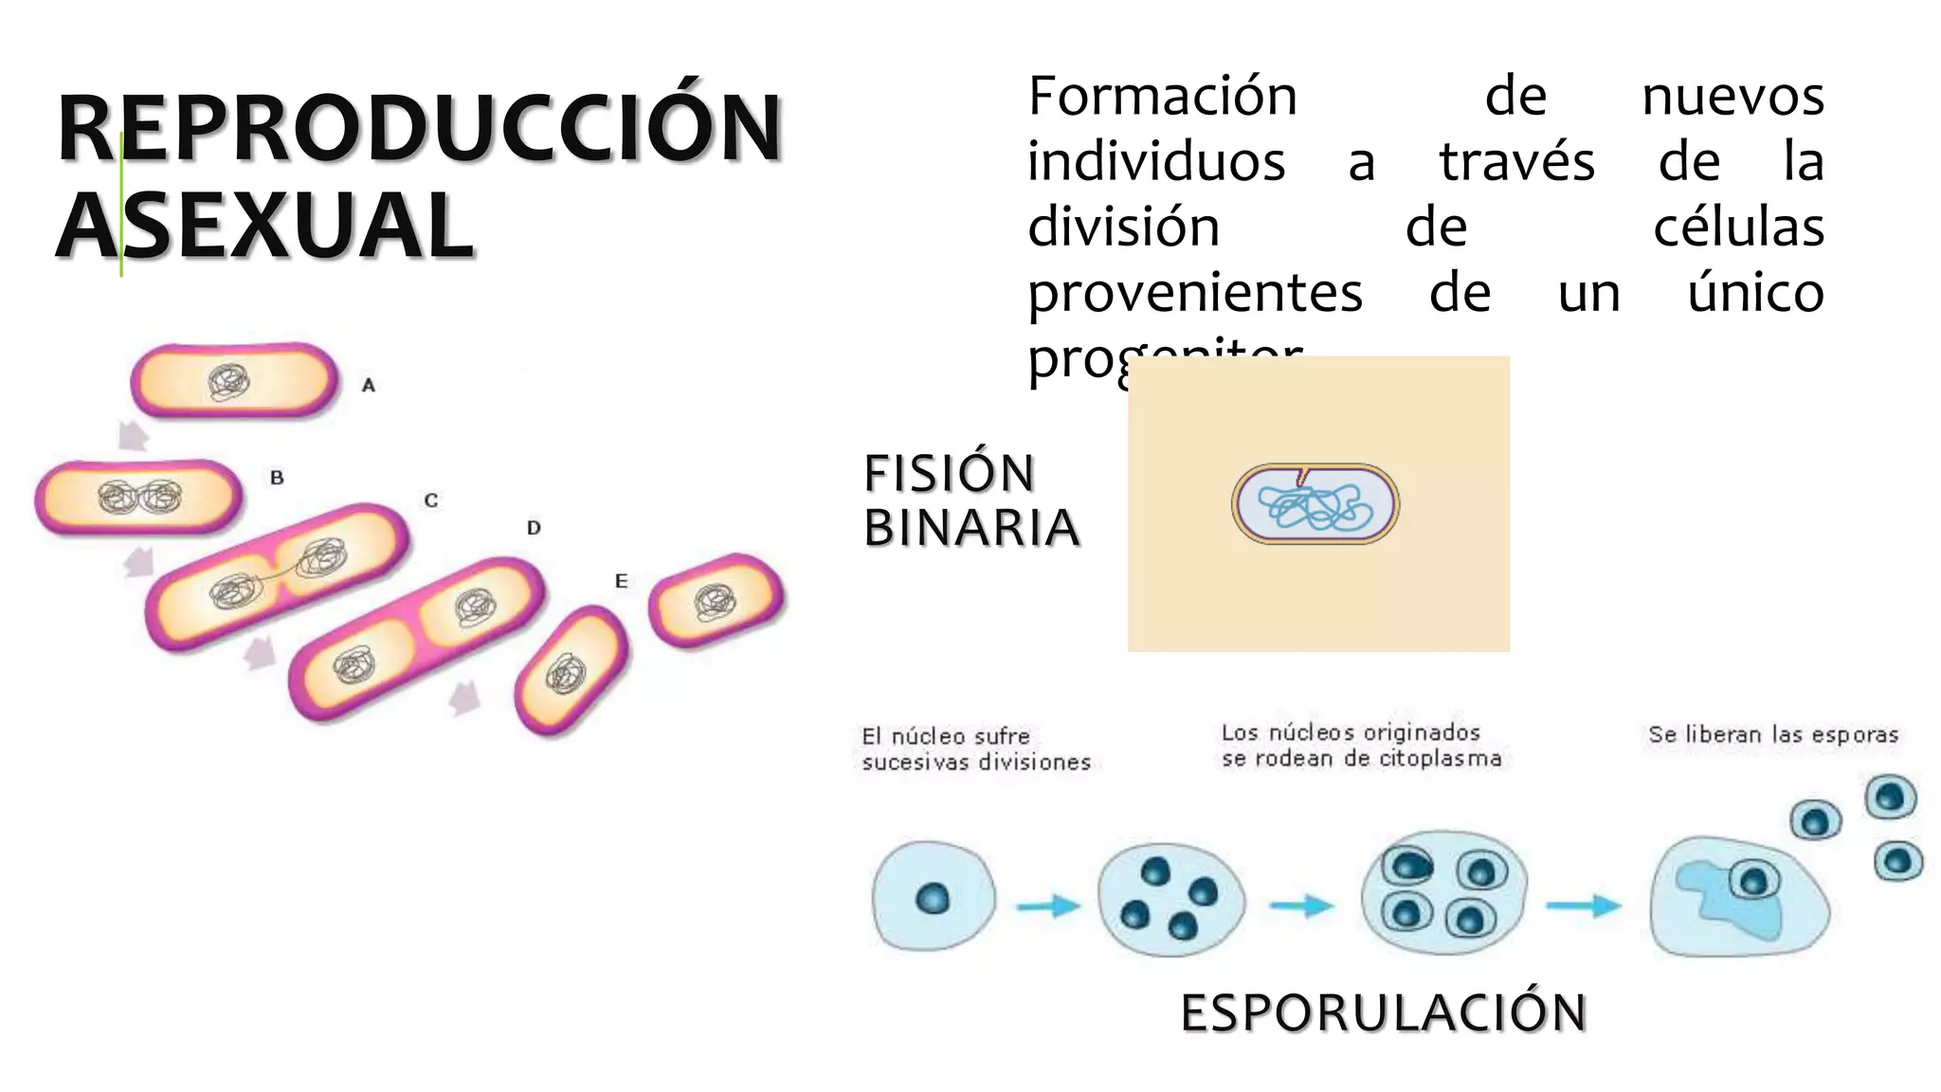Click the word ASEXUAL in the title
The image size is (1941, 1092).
point(265,225)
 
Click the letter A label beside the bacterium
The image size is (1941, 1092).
point(369,385)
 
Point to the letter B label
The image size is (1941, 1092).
point(277,478)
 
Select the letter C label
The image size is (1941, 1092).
point(431,500)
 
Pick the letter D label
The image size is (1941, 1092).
point(534,528)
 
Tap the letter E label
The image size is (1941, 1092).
point(621,581)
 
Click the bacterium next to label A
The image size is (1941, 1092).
point(234,381)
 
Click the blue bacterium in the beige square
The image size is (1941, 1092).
point(1315,504)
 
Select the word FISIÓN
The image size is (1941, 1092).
point(949,473)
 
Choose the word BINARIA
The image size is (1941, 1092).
point(971,528)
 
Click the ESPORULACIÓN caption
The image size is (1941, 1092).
point(1384,1012)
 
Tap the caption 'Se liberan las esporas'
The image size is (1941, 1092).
point(1772,735)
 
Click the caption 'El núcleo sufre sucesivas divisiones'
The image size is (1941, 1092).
point(976,749)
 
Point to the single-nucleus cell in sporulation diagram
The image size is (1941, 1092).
point(934,896)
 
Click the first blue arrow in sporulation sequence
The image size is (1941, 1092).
point(1047,906)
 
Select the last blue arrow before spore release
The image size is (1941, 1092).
point(1583,905)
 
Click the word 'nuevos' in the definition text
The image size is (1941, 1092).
point(1732,97)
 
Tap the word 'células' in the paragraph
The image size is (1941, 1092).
point(1738,227)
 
